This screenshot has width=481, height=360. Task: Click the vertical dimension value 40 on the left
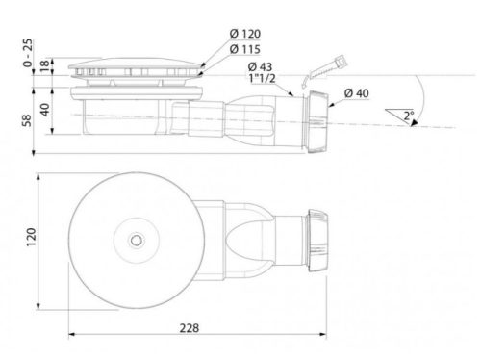44,106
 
